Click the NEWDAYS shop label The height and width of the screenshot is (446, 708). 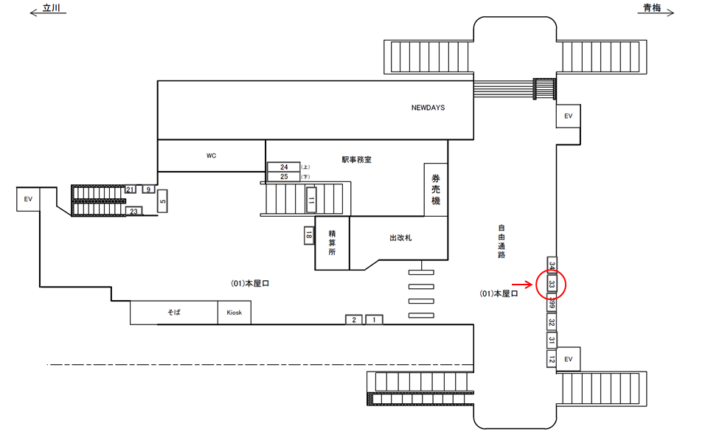point(428,108)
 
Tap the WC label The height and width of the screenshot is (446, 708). point(211,156)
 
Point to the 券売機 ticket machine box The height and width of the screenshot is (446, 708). point(436,189)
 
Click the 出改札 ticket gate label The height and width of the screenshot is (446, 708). point(400,238)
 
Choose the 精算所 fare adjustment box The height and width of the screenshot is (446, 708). point(332,243)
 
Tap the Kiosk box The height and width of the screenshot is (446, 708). point(235,313)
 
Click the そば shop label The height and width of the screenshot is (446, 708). point(174,313)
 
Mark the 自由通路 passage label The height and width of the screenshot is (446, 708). point(502,240)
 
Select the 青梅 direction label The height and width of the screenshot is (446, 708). point(651,8)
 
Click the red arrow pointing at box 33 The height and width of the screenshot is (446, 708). point(524,284)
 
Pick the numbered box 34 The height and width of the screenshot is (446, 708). point(551,265)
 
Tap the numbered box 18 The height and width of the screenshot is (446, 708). point(309,235)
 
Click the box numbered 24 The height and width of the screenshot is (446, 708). point(284,167)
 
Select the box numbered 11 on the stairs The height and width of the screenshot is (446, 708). point(311,200)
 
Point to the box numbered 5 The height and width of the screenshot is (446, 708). point(163,199)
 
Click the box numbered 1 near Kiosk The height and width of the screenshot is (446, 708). point(374,319)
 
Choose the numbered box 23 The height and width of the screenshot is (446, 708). point(134,212)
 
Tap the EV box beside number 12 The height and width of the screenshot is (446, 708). point(568,359)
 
